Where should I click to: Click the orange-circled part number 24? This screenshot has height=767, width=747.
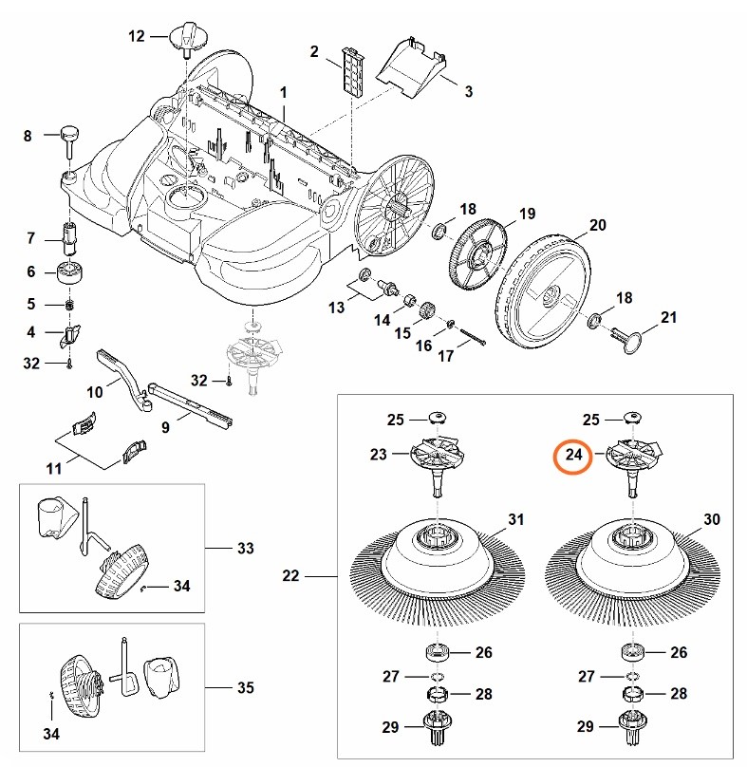point(573,456)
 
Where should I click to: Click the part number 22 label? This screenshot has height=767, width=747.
point(291,575)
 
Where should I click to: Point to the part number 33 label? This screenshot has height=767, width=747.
point(246,549)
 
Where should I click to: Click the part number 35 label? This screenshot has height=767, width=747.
point(246,686)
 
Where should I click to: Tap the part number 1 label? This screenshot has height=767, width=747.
point(283,91)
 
